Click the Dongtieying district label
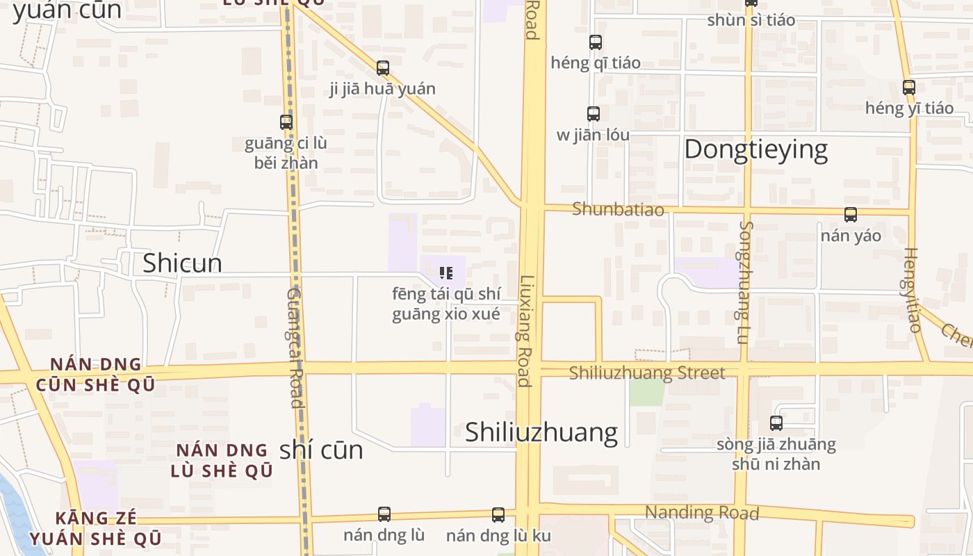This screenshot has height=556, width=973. point(755,149)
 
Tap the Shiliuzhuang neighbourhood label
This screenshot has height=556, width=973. point(541,432)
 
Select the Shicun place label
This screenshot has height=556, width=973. point(182,263)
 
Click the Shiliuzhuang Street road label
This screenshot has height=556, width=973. point(646,373)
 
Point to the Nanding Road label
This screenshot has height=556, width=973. point(701,513)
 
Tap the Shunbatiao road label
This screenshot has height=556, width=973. point(618,209)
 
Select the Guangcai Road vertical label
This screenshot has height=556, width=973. point(295,347)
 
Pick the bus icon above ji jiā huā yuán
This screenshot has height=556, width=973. point(383,68)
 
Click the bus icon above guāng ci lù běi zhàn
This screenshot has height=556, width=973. point(286,122)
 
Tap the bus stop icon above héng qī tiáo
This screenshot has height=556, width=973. point(596,42)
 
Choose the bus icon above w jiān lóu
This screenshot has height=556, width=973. point(593,114)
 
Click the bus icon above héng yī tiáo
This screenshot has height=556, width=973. point(909,88)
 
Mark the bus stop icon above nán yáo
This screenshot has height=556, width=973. point(851,215)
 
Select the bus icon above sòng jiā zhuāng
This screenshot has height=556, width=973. point(776,423)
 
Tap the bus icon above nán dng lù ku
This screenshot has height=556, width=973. point(498,515)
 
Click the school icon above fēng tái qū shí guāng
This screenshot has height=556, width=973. point(446,273)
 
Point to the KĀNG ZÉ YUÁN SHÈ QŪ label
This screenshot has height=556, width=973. point(96,528)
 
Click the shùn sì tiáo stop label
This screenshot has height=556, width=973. point(751,19)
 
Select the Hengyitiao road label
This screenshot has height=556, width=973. point(913,290)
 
